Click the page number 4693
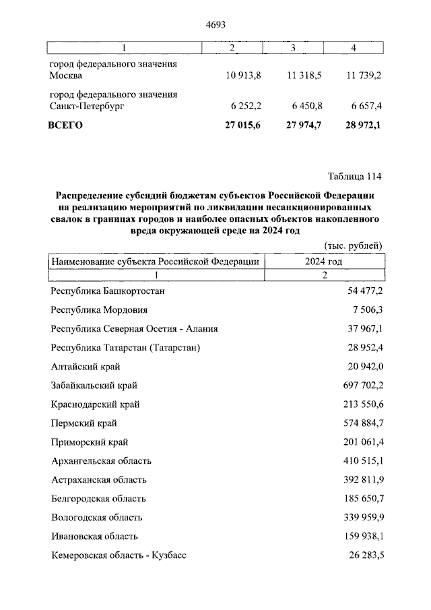click(215, 25)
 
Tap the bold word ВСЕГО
click(65, 125)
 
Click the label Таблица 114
click(354, 177)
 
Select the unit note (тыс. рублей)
click(353, 245)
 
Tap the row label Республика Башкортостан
click(108, 291)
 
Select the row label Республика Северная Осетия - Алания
click(134, 329)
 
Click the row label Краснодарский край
click(96, 404)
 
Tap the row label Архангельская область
click(101, 461)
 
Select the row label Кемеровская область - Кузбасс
click(119, 556)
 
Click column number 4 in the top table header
click(354, 48)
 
